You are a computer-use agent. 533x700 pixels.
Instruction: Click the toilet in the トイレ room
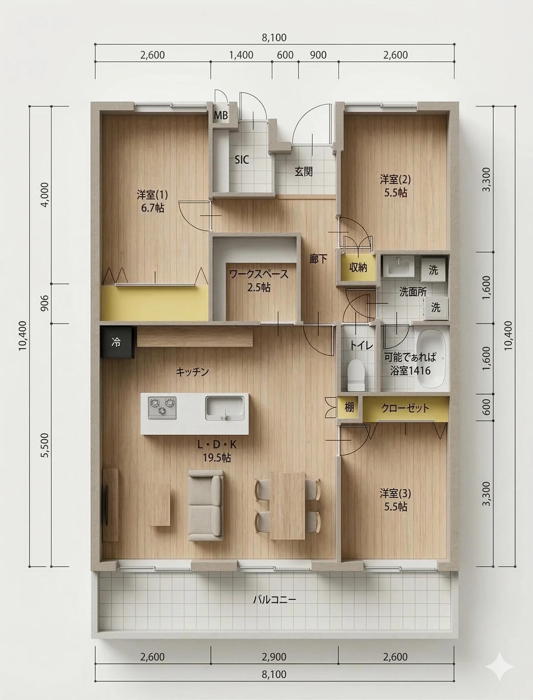[x=356, y=375]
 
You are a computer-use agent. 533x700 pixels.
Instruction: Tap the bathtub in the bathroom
[x=431, y=358]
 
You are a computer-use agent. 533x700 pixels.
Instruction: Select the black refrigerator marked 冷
[x=117, y=342]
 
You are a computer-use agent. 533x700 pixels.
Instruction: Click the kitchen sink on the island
[x=225, y=408]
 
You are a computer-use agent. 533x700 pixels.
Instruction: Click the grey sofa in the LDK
[x=206, y=505]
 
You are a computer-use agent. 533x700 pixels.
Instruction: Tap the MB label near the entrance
[x=221, y=116]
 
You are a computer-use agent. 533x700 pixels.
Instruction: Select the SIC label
[x=242, y=160]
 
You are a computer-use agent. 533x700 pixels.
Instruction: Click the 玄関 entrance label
[x=304, y=171]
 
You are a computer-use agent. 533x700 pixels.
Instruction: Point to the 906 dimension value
[x=45, y=303]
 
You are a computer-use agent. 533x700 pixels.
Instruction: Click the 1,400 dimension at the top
[x=241, y=55]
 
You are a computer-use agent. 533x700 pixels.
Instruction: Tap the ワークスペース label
[x=259, y=274]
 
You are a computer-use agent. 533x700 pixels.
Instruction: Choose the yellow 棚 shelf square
[x=349, y=407]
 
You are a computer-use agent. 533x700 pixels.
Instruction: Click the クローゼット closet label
[x=405, y=408]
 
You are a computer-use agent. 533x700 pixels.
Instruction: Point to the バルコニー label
[x=274, y=600]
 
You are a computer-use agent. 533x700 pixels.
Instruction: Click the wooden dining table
[x=288, y=506]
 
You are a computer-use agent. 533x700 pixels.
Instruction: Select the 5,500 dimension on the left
[x=45, y=445]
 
